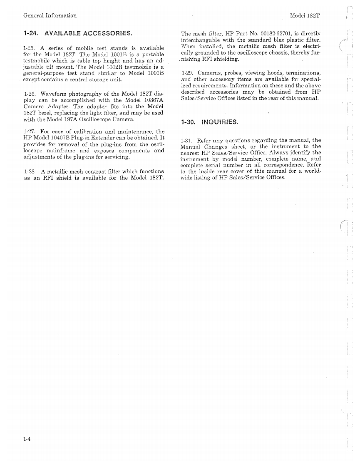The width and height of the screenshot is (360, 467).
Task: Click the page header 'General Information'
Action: (50, 15)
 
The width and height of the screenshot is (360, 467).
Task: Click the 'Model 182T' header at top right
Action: (307, 15)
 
